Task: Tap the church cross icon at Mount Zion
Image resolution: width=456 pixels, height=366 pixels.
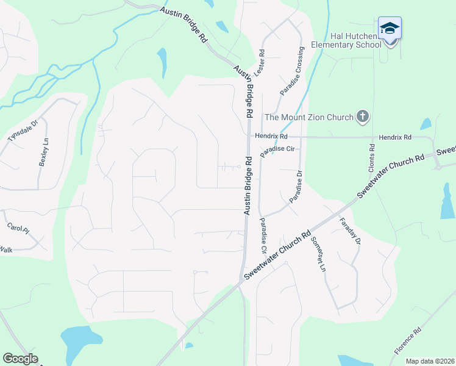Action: coord(363,116)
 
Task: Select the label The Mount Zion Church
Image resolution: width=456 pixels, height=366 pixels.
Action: coord(308,117)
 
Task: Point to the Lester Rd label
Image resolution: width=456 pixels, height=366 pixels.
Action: coord(263,63)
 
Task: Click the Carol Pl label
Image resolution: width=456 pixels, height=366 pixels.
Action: coord(18,228)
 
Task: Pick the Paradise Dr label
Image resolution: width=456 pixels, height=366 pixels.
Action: coord(296,190)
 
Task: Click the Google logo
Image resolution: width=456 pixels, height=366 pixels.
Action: coord(20,359)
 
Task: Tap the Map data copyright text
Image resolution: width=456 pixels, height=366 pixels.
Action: coord(429,361)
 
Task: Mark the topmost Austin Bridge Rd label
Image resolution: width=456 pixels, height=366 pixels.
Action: coord(184,25)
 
